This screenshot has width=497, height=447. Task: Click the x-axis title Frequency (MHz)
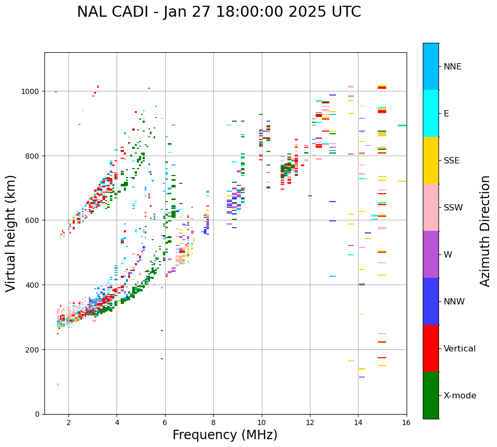225,435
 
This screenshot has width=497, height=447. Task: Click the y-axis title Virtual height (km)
11,233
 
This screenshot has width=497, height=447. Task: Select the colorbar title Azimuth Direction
486,231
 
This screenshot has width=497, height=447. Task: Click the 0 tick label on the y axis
37,414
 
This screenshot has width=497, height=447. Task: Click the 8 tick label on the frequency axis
213,423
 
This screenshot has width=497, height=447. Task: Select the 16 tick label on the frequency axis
407,423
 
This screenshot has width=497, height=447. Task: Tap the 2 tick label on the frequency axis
68,423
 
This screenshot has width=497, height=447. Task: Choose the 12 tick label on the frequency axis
310,423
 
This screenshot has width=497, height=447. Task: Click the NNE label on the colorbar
453,67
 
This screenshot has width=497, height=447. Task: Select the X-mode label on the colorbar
460,396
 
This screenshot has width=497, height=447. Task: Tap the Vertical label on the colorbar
460,349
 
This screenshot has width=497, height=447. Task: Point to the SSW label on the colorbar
453,208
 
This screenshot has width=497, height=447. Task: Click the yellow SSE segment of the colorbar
431,160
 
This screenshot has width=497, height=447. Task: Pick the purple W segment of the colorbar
431,254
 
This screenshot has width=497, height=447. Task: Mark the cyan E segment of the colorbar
431,113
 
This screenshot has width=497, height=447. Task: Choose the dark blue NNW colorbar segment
431,301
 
